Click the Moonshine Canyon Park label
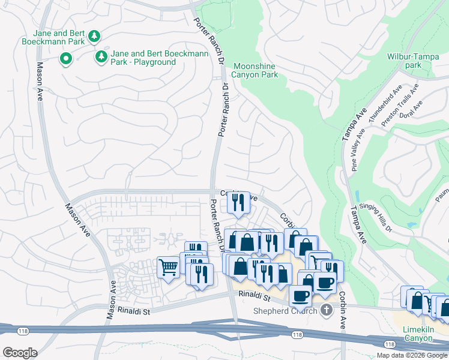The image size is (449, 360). [x=255, y=70]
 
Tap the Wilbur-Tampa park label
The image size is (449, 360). [x=412, y=61]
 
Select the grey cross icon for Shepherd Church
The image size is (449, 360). [x=326, y=310]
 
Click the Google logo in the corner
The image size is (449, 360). [x=20, y=353]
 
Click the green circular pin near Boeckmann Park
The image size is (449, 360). [x=65, y=59]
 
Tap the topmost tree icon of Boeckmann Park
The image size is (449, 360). [x=94, y=37]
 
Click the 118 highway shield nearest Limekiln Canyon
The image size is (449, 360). [x=390, y=344]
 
